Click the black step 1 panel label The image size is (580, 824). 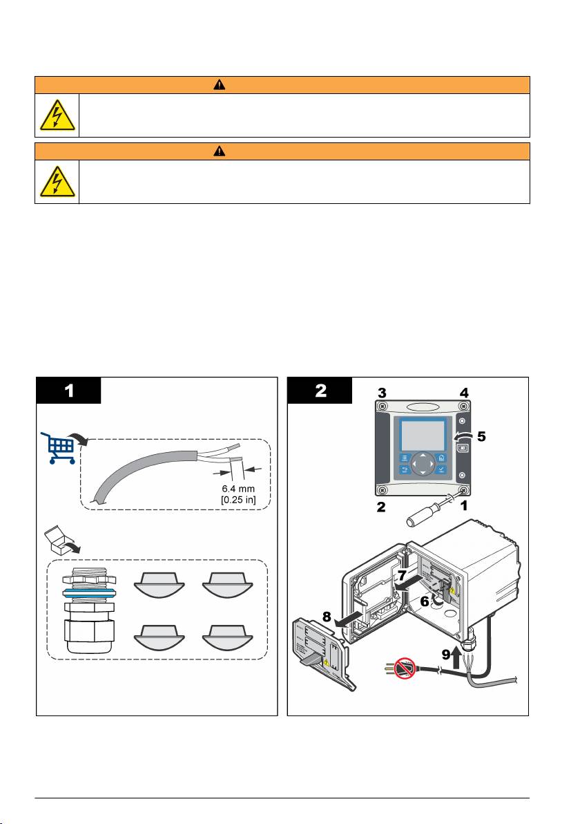(x=69, y=391)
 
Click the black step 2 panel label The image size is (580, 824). (x=320, y=391)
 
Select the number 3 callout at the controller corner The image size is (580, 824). (x=383, y=392)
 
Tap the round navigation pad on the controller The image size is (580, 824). (x=420, y=474)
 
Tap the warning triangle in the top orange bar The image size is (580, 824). (x=283, y=84)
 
